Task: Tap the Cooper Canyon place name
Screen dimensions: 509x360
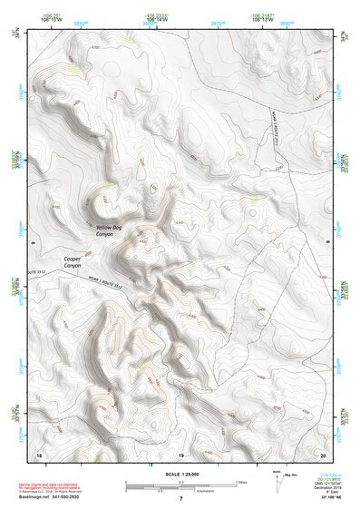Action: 75,263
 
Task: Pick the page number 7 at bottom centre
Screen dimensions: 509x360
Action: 180,499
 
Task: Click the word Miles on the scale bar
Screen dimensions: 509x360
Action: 239,482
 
